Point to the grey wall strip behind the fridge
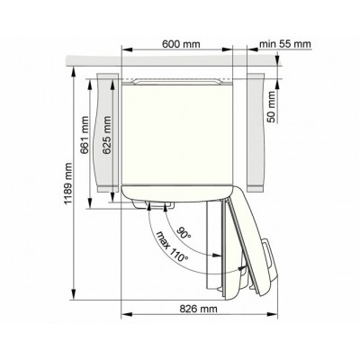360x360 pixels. pyautogui.click(x=180, y=61)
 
